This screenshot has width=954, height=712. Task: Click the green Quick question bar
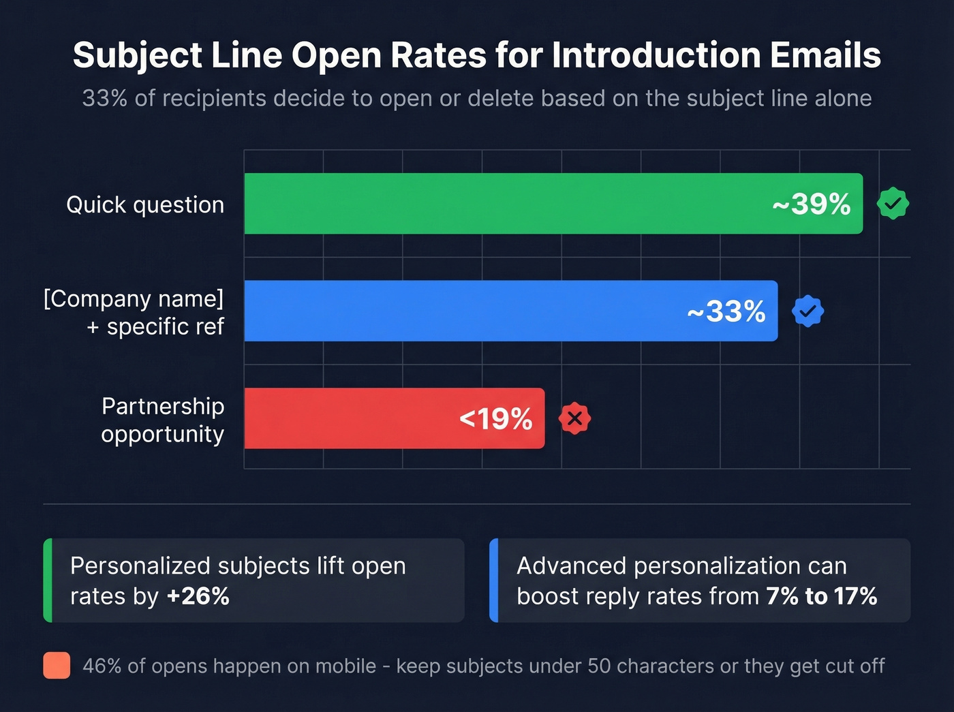click(x=504, y=204)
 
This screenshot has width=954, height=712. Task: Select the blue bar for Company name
click(x=463, y=311)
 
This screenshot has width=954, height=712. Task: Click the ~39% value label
click(x=811, y=204)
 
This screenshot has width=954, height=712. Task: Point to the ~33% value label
click(x=726, y=311)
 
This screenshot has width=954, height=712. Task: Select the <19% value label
click(x=495, y=418)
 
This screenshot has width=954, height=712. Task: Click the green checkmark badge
click(x=893, y=203)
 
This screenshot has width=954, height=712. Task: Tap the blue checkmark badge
click(x=807, y=311)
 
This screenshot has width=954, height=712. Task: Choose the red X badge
click(x=574, y=418)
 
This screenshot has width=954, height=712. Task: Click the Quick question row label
click(x=145, y=204)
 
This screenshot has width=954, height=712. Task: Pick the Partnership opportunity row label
click(x=162, y=420)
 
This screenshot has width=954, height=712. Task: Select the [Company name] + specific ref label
click(x=134, y=312)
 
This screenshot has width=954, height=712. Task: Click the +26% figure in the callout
click(x=198, y=596)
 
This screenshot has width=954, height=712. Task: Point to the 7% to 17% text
click(x=821, y=596)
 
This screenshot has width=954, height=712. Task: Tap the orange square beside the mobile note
click(x=57, y=665)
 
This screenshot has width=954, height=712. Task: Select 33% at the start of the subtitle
click(x=104, y=98)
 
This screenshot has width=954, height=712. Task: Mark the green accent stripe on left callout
click(x=48, y=581)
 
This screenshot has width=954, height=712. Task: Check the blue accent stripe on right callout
click(x=494, y=581)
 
